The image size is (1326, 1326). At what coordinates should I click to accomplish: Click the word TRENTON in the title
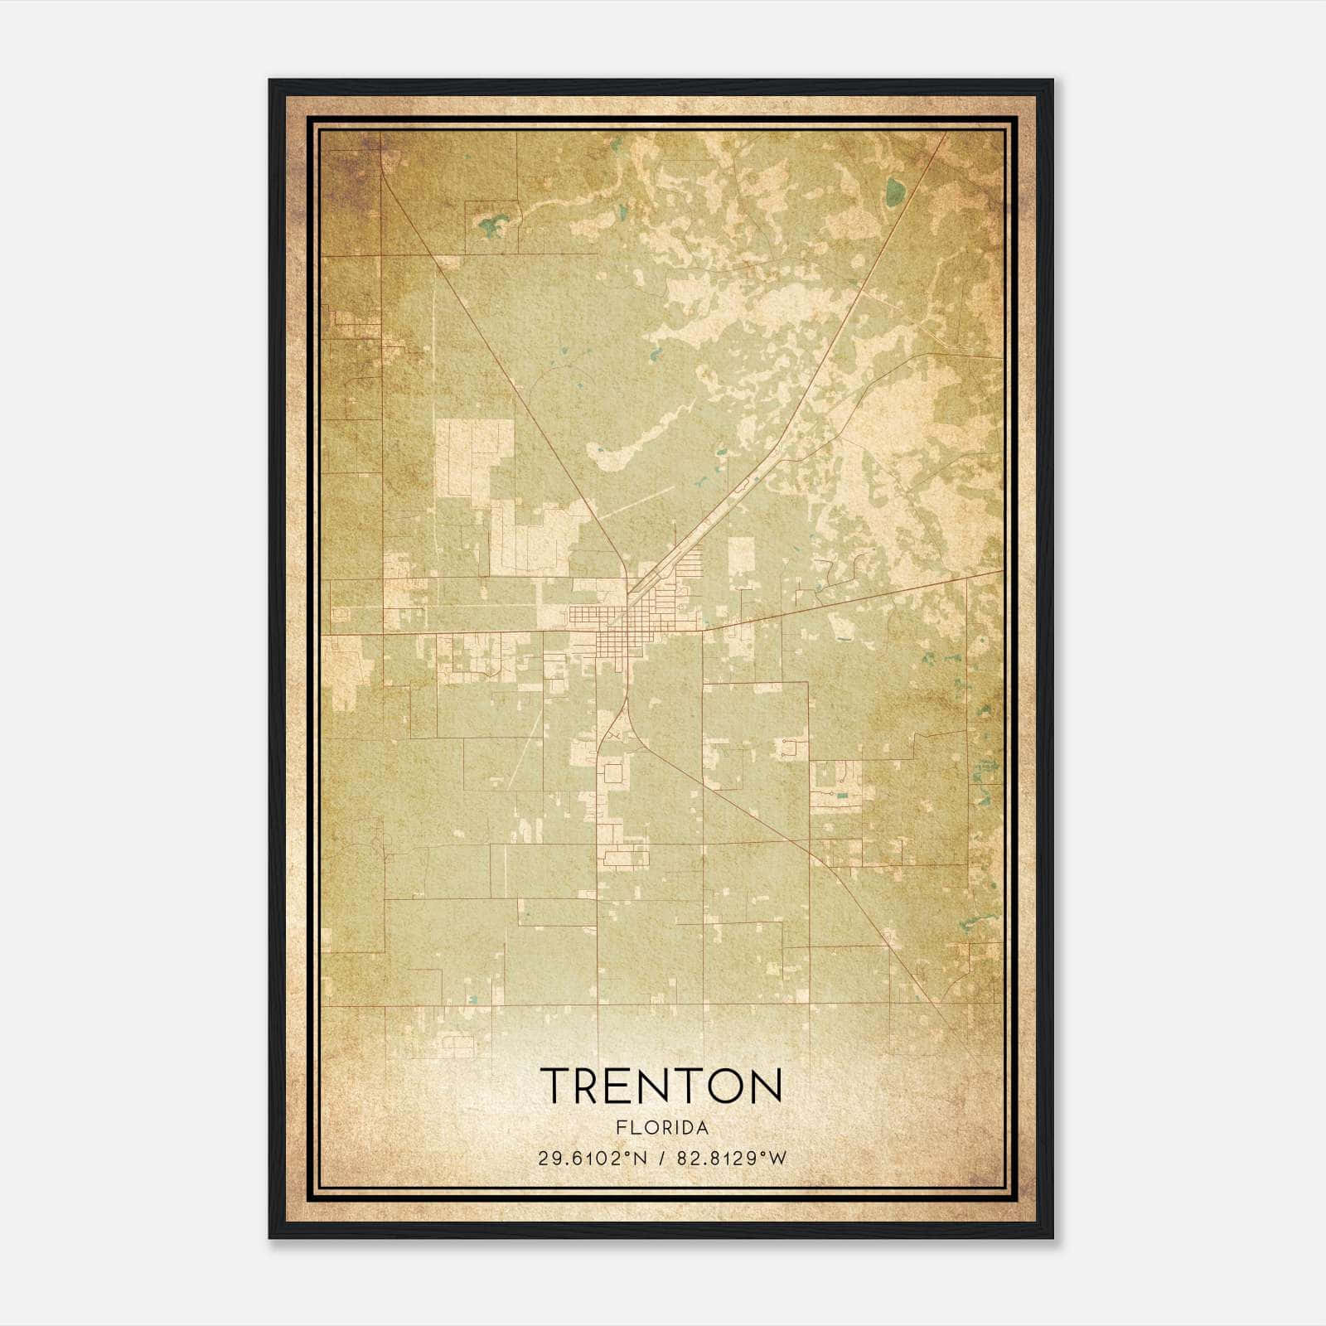[661, 1086]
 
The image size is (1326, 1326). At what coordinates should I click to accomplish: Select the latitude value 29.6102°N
[591, 1159]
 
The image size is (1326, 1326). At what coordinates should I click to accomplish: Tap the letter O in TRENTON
[727, 1086]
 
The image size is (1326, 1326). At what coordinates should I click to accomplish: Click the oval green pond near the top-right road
[895, 192]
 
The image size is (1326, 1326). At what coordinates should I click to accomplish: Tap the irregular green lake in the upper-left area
[496, 224]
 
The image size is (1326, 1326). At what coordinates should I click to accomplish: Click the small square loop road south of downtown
[614, 774]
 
